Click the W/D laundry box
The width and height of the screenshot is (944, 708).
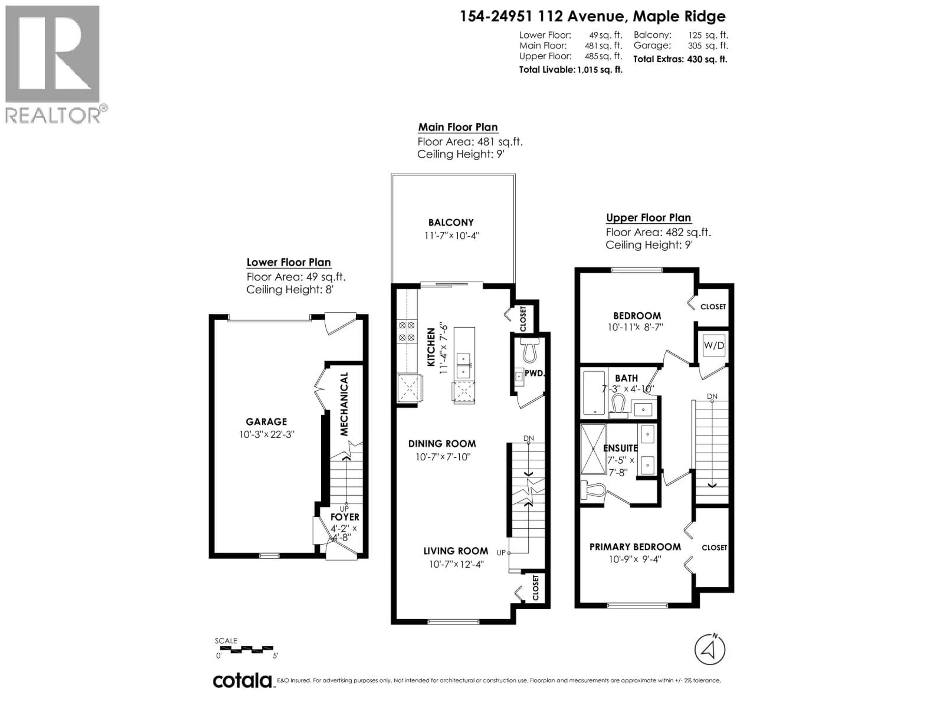pyautogui.click(x=714, y=345)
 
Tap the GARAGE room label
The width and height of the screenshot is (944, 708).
pyautogui.click(x=266, y=422)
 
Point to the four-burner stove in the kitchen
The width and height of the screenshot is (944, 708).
pyautogui.click(x=406, y=331)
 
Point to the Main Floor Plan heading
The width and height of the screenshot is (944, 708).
pyautogui.click(x=457, y=127)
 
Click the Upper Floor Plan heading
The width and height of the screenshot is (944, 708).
pyautogui.click(x=648, y=218)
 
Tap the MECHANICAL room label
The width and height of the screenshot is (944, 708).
pyautogui.click(x=344, y=404)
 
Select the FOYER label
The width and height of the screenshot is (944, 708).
pyautogui.click(x=345, y=517)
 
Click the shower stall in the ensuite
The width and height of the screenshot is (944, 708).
pyautogui.click(x=593, y=449)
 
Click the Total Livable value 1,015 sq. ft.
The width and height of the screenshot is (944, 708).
pyautogui.click(x=600, y=70)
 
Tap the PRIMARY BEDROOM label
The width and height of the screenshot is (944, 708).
pyautogui.click(x=635, y=547)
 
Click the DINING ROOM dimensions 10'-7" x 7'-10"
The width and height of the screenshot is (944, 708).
pyautogui.click(x=443, y=457)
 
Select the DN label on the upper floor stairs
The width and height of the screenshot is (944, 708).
pyautogui.click(x=712, y=397)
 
